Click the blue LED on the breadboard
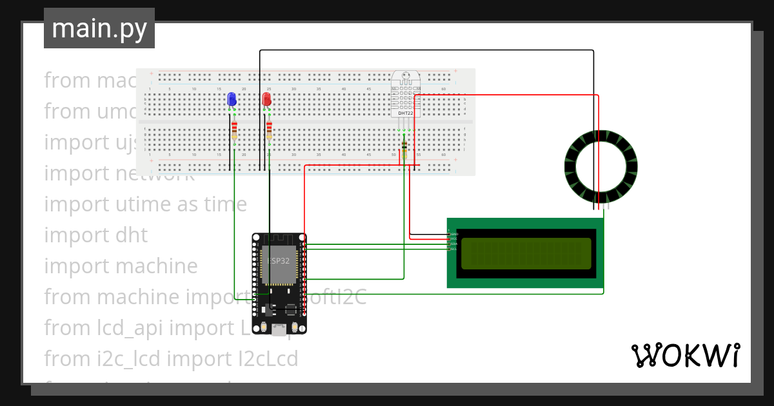pos(232,99)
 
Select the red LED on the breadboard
pos(266,99)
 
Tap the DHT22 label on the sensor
pos(405,113)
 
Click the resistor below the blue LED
pos(234,130)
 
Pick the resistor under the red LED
pos(269,130)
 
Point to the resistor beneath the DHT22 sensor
pos(404,146)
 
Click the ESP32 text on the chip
pos(278,260)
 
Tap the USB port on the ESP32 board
pos(279,330)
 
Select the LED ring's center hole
pos(600,166)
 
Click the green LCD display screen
pos(526,254)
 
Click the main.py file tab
pos(99,28)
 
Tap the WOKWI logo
pos(685,355)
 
